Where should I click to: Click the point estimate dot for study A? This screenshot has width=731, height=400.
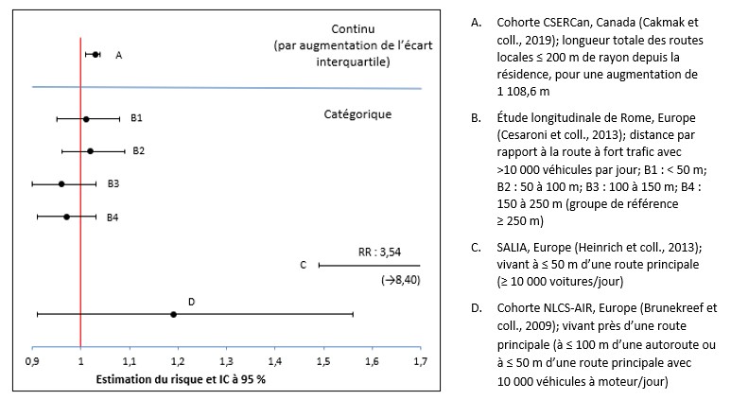pyautogui.click(x=96, y=55)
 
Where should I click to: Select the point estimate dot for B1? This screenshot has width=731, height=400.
pyautogui.click(x=86, y=119)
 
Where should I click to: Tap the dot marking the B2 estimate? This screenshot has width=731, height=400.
pyautogui.click(x=91, y=151)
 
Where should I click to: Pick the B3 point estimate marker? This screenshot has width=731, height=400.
pyautogui.click(x=61, y=183)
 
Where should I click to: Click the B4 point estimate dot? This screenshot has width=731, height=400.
pyautogui.click(x=66, y=217)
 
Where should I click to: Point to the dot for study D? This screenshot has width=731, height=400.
pyautogui.click(x=173, y=314)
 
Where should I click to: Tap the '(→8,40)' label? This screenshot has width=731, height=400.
pyautogui.click(x=400, y=281)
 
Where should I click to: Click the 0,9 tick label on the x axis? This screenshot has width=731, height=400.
pyautogui.click(x=32, y=361)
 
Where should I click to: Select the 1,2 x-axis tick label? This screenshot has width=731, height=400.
pyautogui.click(x=178, y=361)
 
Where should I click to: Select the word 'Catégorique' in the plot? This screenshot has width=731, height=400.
pyautogui.click(x=352, y=115)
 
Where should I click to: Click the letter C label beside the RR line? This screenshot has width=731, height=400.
pyautogui.click(x=303, y=266)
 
